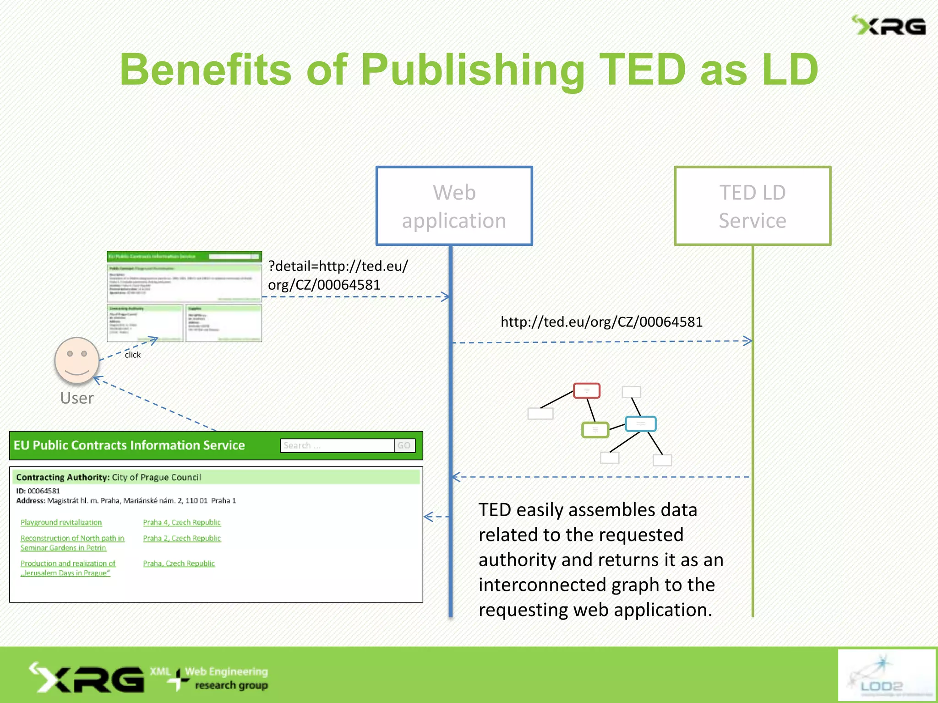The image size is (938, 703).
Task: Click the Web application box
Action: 454,206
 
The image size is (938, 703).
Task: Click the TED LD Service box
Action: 753,206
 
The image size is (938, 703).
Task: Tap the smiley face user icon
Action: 77,360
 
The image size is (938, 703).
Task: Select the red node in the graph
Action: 587,391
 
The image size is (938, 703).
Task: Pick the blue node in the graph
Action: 641,424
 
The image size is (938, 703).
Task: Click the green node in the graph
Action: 595,430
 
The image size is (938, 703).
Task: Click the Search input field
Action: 337,445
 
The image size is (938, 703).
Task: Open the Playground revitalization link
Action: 61,522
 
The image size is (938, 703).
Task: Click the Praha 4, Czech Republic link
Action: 182,522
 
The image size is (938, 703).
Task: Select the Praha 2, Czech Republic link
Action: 182,538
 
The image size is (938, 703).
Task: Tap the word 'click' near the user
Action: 133,355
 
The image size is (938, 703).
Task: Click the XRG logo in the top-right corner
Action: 889,26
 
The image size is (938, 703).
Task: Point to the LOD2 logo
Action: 886,675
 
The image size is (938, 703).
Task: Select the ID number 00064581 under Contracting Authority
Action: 44,491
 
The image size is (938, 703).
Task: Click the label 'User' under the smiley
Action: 77,398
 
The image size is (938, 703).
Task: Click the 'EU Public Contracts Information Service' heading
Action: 129,445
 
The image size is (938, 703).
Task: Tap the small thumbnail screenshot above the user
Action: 184,296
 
